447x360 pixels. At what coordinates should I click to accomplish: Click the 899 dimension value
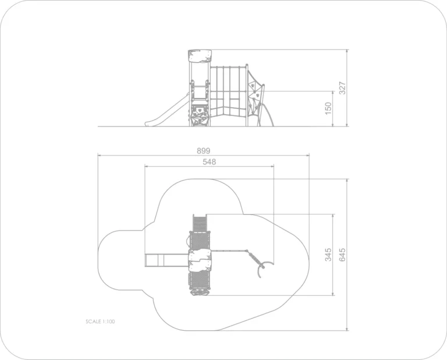pos(203,151)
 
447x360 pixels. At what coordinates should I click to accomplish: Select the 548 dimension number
pos(210,162)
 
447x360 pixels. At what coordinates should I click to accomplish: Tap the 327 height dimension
pos(342,88)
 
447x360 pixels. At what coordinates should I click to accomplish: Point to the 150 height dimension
pos(328,108)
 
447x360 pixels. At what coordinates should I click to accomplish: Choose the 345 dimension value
pos(328,255)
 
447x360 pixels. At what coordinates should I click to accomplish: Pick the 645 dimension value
pos(342,255)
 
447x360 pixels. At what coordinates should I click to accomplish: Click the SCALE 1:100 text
pos(100,322)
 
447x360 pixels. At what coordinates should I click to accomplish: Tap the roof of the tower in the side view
pos(200,56)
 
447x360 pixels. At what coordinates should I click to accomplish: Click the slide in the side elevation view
pos(167,110)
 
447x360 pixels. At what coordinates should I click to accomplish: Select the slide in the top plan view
pos(167,260)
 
